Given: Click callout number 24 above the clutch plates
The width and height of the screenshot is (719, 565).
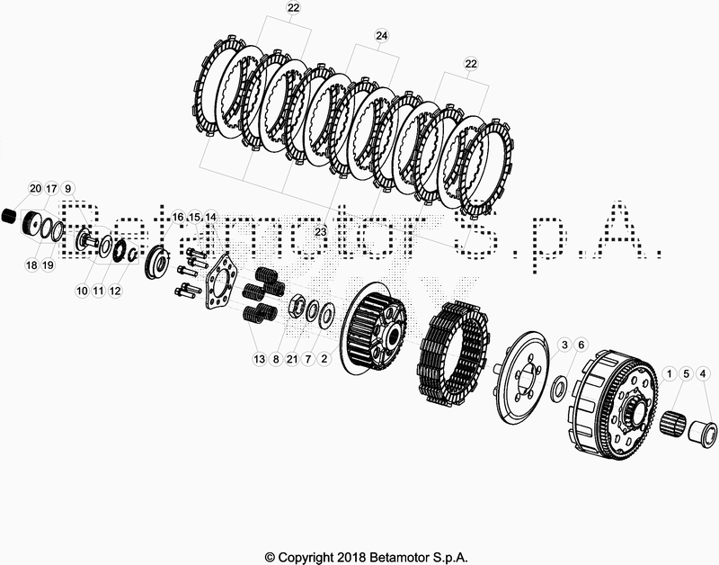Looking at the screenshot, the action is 381,35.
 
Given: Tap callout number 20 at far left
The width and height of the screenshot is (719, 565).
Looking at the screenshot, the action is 35,188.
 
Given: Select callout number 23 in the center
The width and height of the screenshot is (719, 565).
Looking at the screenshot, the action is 321,232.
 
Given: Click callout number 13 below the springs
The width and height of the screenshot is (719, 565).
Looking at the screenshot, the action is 260,359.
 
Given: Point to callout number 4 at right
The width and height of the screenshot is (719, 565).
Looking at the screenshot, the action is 703,374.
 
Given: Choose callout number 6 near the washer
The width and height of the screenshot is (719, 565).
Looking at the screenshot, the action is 581,345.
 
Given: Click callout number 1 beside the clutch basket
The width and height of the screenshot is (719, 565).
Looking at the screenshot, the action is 669,374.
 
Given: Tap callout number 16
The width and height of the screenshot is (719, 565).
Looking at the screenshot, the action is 178,217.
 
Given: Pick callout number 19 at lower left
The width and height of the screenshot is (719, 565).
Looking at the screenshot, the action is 48,265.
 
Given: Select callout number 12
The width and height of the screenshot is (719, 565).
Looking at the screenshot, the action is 115,291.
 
